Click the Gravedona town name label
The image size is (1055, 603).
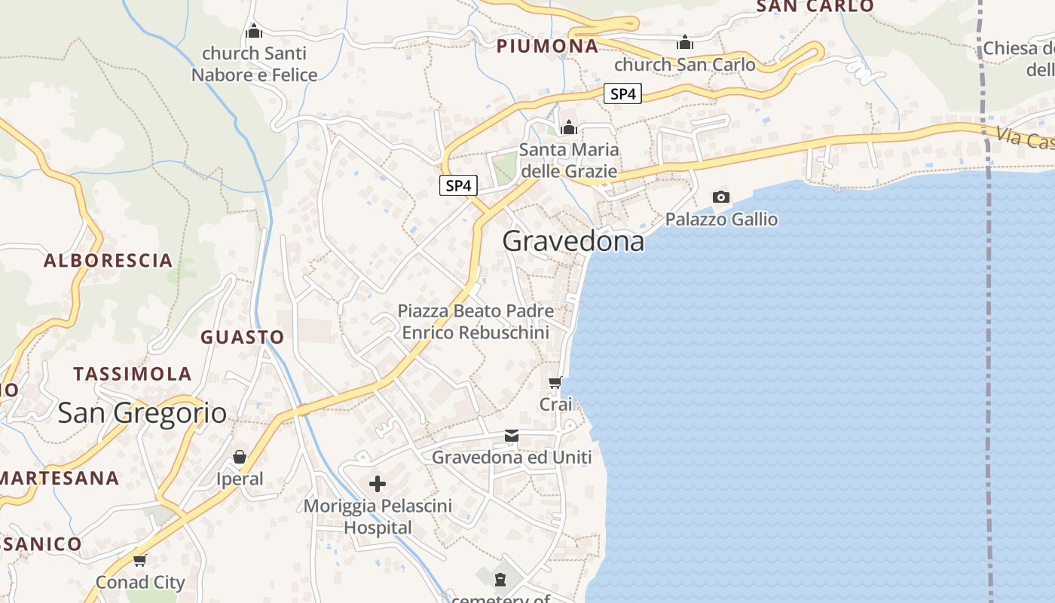[x=573, y=241]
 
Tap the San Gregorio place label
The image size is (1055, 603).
[x=142, y=412]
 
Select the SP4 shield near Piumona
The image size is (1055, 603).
[x=622, y=94]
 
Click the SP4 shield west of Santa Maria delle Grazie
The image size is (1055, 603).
[x=458, y=185]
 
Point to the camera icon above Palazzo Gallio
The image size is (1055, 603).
[x=721, y=197]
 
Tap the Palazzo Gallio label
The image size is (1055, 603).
[x=721, y=219]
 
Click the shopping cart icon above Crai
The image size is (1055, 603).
[x=555, y=383]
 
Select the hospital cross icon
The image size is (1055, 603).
[x=378, y=483]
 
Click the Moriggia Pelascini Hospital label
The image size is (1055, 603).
[x=378, y=516]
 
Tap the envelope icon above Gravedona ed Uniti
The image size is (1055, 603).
[x=512, y=436]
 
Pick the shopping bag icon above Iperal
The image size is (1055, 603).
[x=240, y=457]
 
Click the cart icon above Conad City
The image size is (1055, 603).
[x=139, y=560]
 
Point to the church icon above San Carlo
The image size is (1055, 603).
[x=685, y=42]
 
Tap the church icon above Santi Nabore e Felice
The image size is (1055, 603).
[x=254, y=31]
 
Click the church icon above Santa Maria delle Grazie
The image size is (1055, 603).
[x=569, y=127]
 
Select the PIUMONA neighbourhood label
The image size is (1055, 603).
[x=547, y=46]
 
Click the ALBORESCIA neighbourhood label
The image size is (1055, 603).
[x=108, y=261]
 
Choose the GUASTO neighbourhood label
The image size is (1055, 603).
[x=242, y=337]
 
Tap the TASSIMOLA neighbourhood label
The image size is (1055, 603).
[x=132, y=374]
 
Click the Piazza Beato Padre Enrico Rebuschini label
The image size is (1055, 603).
[x=476, y=321]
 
